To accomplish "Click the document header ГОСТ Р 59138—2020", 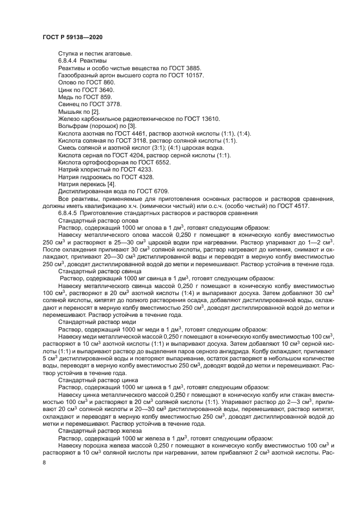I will coord(72,36).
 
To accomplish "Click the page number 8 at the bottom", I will coord(44,462).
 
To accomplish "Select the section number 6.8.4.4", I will coord(68,61).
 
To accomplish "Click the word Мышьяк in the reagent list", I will coord(70,111).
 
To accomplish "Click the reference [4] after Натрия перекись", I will coord(111,183).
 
